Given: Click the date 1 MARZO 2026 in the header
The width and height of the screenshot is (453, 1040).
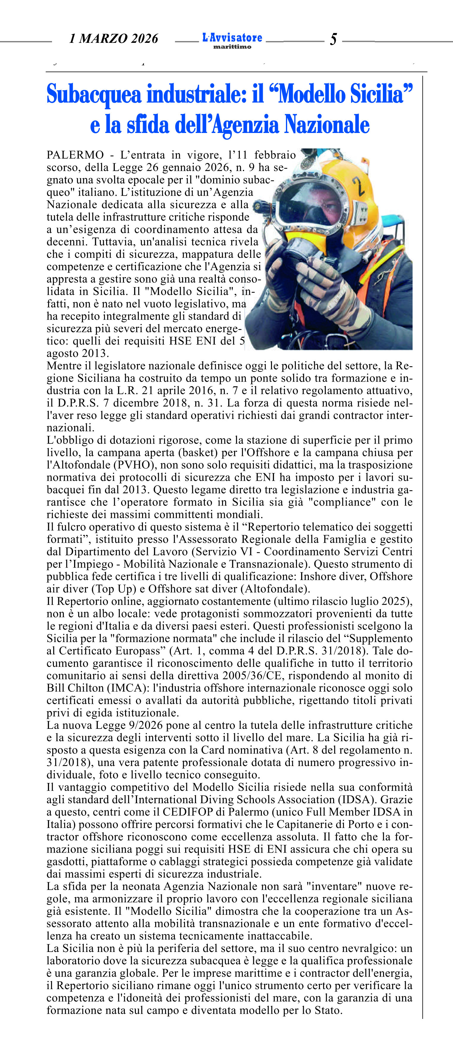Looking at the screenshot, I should pyautogui.click(x=114, y=39).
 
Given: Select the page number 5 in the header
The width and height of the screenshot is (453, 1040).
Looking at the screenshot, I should pyautogui.click(x=333, y=39).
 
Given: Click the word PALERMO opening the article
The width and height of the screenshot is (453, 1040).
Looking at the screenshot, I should pyautogui.click(x=75, y=155).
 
